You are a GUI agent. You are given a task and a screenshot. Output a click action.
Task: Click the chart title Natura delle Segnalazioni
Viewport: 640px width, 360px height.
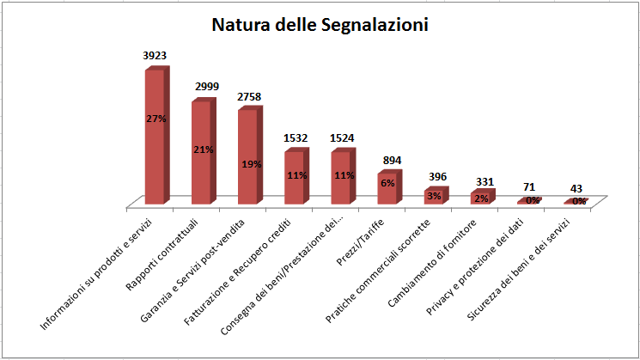click(320, 25)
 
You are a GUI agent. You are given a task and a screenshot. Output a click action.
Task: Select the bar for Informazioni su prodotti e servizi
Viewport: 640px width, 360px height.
click(155, 137)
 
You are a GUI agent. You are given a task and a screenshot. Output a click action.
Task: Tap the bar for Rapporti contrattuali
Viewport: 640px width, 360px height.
click(201, 153)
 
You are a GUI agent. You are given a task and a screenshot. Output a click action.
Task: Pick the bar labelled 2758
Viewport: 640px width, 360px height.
click(247, 158)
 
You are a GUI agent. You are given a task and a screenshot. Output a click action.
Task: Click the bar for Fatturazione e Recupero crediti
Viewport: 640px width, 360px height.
click(294, 178)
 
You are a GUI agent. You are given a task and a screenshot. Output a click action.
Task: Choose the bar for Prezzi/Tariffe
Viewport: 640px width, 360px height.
click(387, 188)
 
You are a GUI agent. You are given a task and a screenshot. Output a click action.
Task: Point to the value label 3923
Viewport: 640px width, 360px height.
click(155, 55)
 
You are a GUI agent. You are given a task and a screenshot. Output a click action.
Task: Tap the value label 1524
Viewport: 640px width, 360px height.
click(341, 137)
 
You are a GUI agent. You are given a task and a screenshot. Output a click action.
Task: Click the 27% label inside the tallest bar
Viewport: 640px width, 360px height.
click(155, 119)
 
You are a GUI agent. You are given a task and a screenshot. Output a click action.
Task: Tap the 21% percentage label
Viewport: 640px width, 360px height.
click(203, 149)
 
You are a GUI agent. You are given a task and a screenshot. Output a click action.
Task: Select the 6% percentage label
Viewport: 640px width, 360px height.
click(388, 182)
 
